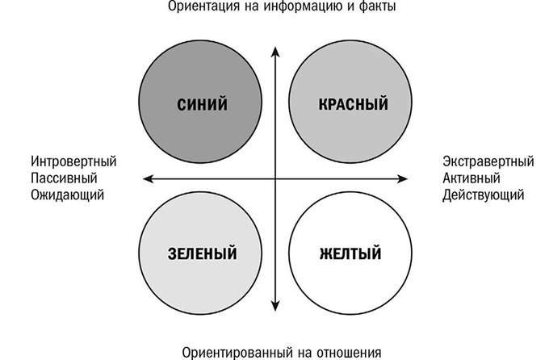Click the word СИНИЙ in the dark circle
202,104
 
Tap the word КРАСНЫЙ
354,104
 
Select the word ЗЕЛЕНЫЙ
203,253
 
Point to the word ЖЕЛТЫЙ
350,253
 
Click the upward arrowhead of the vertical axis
275,52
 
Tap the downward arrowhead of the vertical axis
275,306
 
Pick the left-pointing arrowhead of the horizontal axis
149,179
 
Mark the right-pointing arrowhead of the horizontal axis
403,179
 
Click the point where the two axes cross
275,179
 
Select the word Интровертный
73,161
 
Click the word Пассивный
64,178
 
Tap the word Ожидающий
68,195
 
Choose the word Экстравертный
488,161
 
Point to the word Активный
471,178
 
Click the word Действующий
483,195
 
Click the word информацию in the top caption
303,6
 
